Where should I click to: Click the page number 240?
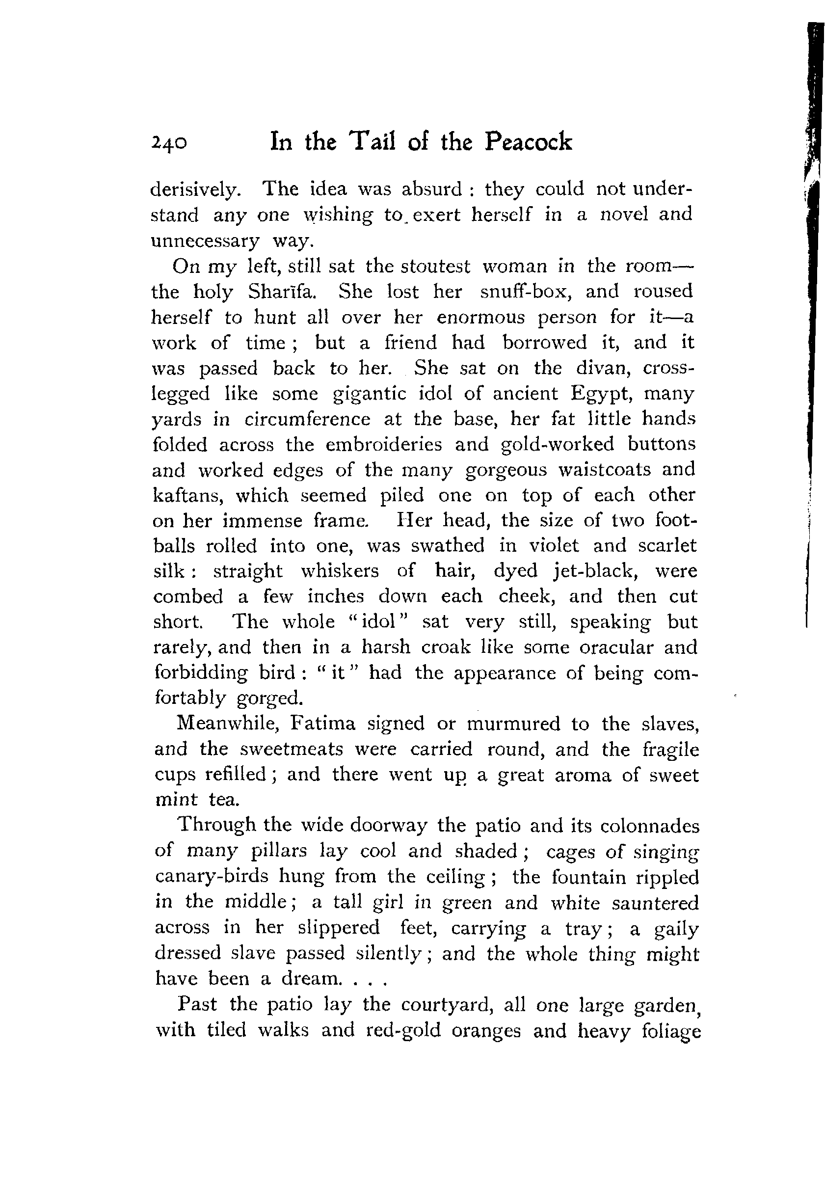(169, 143)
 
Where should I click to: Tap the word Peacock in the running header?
(528, 141)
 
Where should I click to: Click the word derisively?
(195, 190)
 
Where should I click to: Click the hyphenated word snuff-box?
(523, 292)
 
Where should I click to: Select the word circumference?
(307, 420)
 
